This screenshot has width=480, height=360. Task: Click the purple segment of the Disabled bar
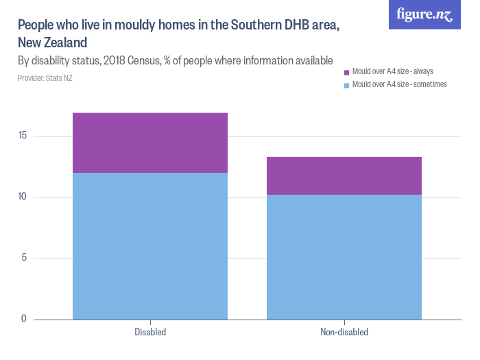coord(149,143)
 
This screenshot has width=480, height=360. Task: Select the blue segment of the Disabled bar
coord(149,245)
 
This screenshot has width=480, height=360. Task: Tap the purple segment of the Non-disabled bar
coord(344,176)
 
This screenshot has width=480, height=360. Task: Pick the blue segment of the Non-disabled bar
coord(344,257)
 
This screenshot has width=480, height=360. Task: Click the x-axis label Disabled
coord(149,333)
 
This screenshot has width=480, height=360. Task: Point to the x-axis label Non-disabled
coord(344,333)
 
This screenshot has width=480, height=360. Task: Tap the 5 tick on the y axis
coord(24,259)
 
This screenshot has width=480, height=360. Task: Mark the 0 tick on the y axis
coord(24,319)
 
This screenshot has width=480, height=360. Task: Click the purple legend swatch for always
coord(346,72)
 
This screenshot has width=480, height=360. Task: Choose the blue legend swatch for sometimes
coord(346,85)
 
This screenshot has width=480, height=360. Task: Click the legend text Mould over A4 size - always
coord(392,71)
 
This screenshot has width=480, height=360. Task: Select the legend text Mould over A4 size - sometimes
coord(399,84)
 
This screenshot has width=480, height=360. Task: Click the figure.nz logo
coord(425,14)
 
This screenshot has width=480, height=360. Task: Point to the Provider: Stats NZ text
coord(45,78)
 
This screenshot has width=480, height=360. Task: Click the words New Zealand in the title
coord(52,43)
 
